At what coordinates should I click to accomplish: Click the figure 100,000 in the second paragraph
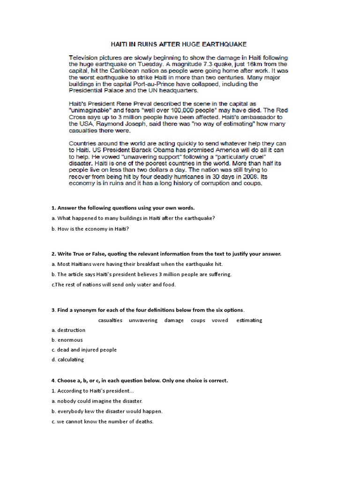[x=167, y=110]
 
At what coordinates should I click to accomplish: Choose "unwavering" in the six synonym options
[x=143, y=320]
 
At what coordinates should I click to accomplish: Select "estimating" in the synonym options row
[x=249, y=320]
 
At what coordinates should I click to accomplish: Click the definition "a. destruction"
[x=68, y=330]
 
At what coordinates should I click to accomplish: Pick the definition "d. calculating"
[x=68, y=360]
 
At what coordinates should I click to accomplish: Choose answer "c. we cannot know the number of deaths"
[x=103, y=421]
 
